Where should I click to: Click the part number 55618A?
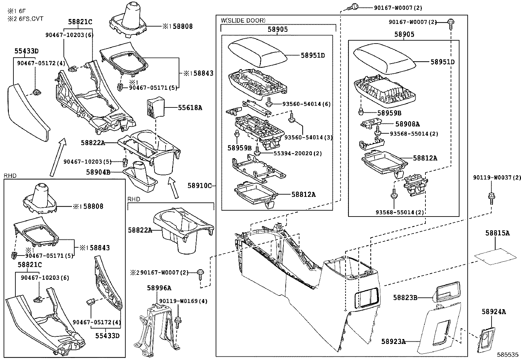[190, 107]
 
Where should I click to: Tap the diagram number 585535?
[508, 354]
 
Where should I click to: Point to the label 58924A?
[494, 312]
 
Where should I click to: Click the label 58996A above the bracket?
[159, 288]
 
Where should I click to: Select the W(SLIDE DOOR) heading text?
[243, 20]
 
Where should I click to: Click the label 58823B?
[405, 297]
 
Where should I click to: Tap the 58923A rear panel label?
[393, 342]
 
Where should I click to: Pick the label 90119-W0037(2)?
[496, 178]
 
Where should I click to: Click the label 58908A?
[407, 124]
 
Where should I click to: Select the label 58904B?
[98, 172]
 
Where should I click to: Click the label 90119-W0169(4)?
[183, 301]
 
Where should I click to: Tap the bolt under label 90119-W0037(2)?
[491, 197]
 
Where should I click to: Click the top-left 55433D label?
[26, 51]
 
